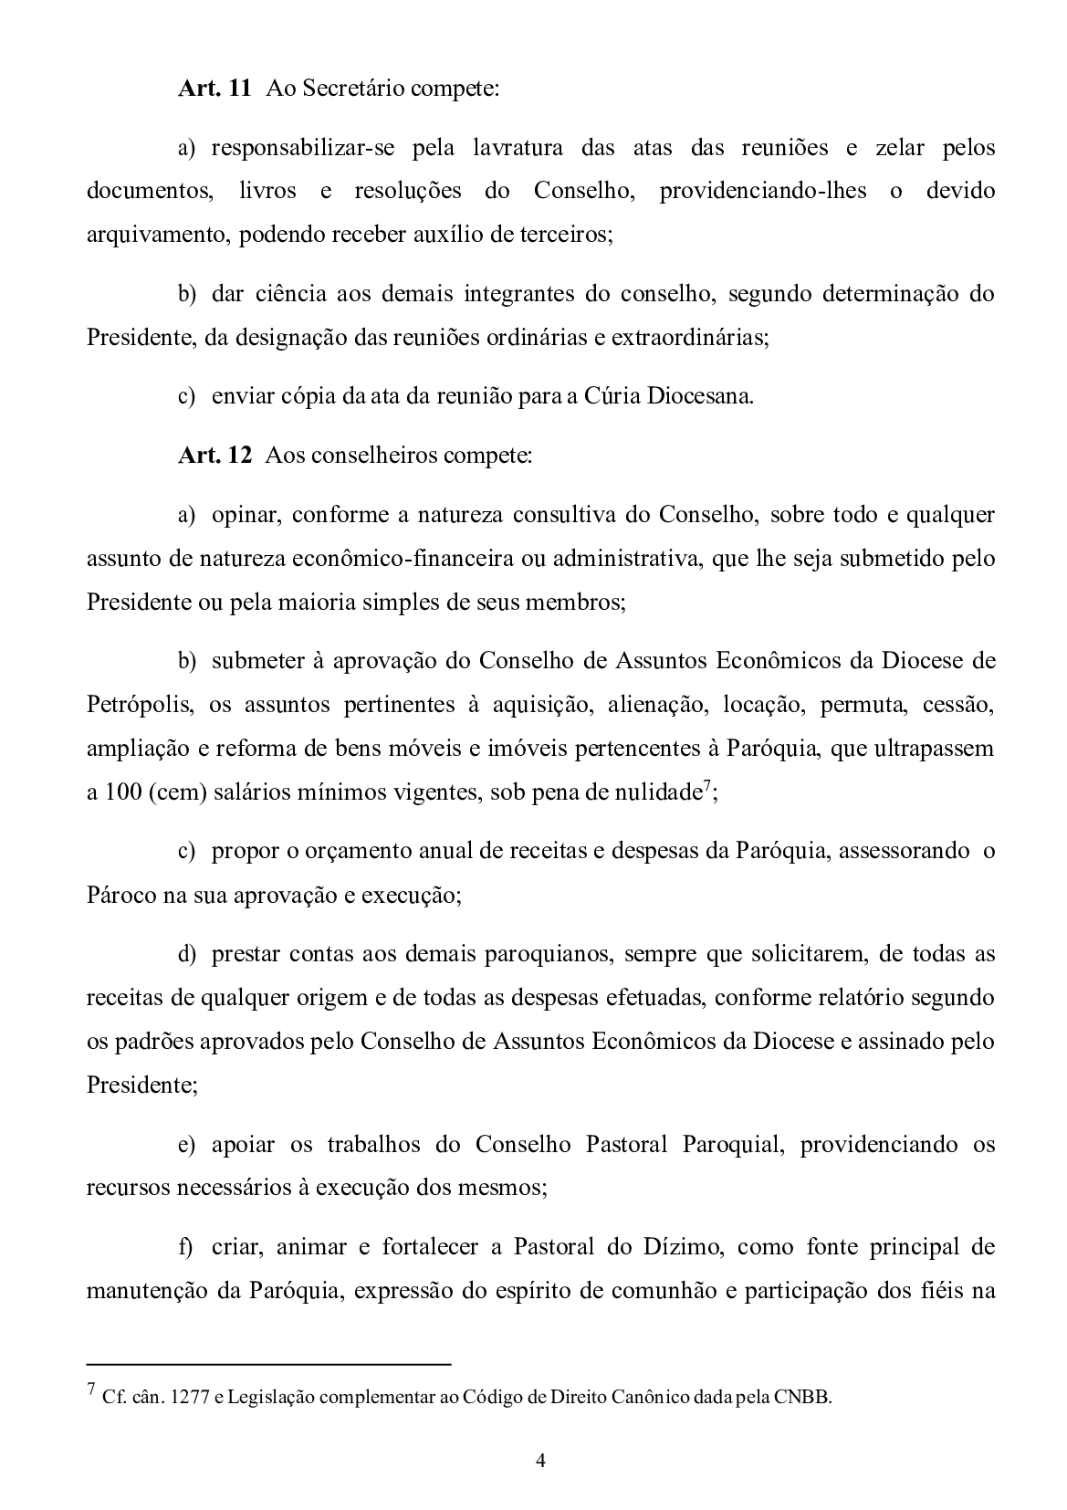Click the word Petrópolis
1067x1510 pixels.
[140, 705]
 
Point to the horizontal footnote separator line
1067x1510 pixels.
[268, 1364]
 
